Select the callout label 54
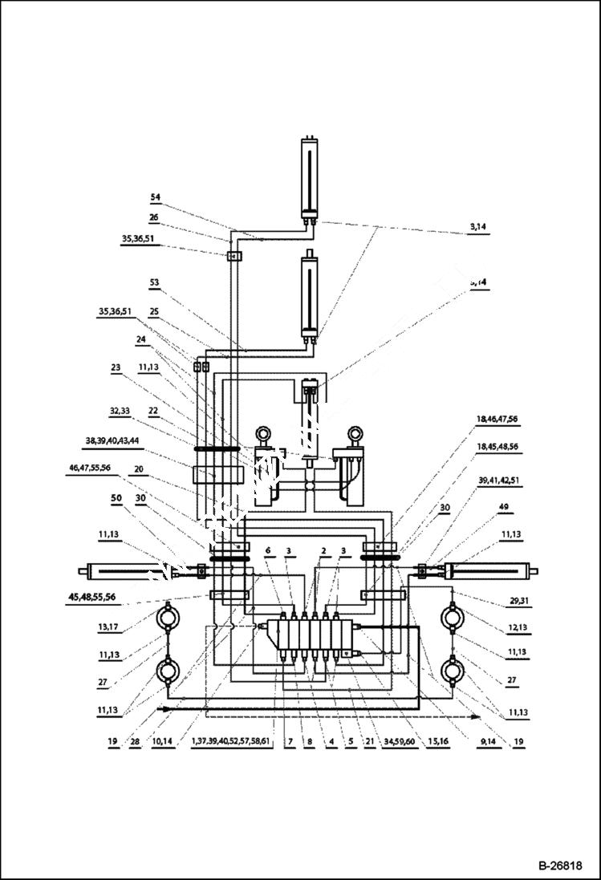[x=156, y=197]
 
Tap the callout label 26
[x=154, y=217]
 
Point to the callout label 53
[x=155, y=282]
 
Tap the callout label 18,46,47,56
[x=497, y=419]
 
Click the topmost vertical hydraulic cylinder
[x=308, y=176]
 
